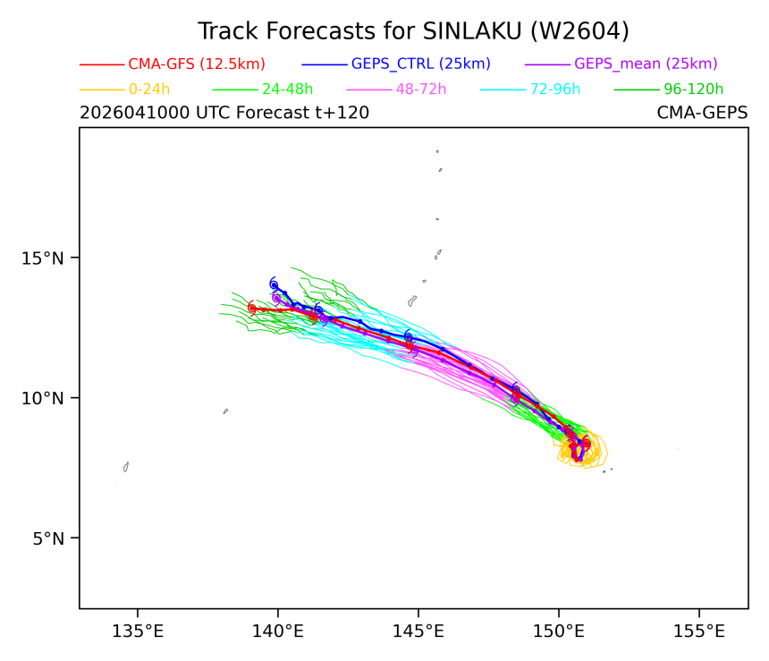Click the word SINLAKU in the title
tap(472, 31)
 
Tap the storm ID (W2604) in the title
tap(579, 31)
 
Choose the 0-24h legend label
tap(149, 89)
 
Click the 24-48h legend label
tap(287, 89)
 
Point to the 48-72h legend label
tap(421, 89)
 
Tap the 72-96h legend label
tap(555, 89)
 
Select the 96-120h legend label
tap(694, 89)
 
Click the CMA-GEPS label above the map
tap(702, 113)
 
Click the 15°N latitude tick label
tap(43, 258)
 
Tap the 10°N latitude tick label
tap(43, 398)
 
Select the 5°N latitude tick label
tap(48, 538)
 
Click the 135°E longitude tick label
tap(138, 631)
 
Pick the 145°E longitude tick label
tap(418, 631)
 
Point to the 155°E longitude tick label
tap(699, 631)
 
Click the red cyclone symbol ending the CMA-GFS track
tap(251, 309)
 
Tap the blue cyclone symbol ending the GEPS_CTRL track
tap(274, 284)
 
